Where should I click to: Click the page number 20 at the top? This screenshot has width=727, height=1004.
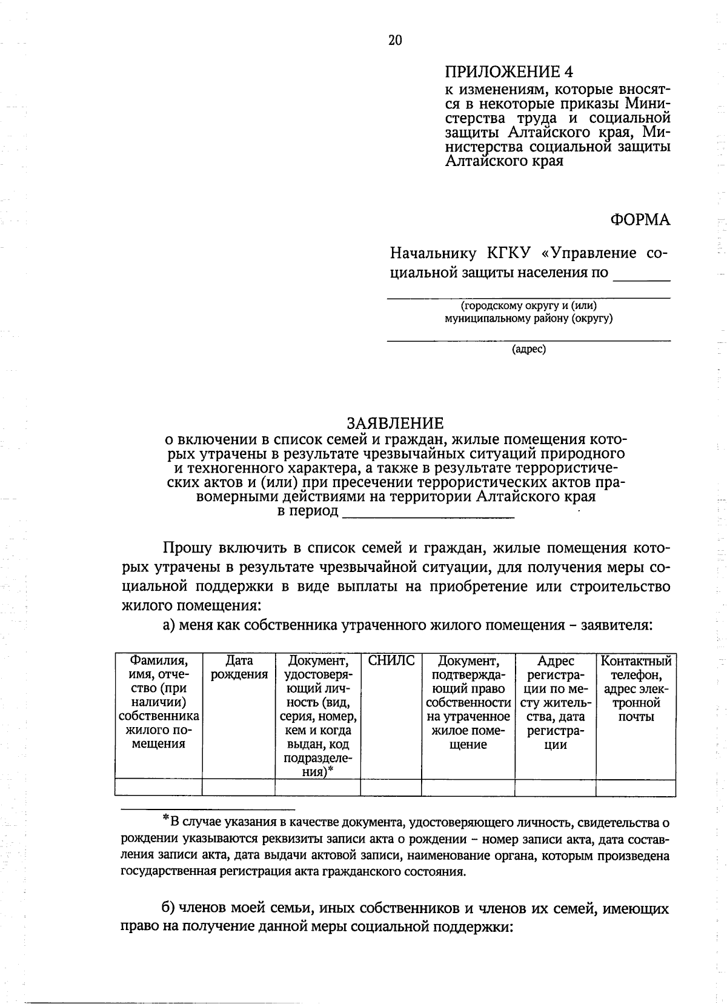(x=394, y=40)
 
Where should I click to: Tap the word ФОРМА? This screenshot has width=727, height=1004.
(x=640, y=220)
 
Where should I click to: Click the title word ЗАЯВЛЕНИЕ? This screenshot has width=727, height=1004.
(x=394, y=423)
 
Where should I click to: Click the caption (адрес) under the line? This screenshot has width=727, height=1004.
(x=529, y=349)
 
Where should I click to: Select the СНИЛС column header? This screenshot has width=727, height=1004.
(x=391, y=661)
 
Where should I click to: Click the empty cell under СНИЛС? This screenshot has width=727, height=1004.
(x=391, y=787)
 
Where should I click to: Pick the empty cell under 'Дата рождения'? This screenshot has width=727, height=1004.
(x=239, y=787)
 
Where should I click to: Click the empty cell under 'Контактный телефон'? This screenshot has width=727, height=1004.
(x=636, y=787)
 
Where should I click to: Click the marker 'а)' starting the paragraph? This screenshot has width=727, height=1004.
(x=169, y=625)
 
